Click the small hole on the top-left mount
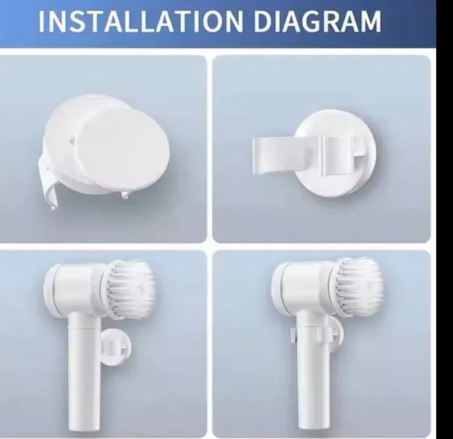pos(72,139)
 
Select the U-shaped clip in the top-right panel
pos(304,156)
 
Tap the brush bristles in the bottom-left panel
pos(131,289)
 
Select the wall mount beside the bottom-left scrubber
pos(116,347)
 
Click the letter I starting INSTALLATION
pos(42,22)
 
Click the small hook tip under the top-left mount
pos(125,196)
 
